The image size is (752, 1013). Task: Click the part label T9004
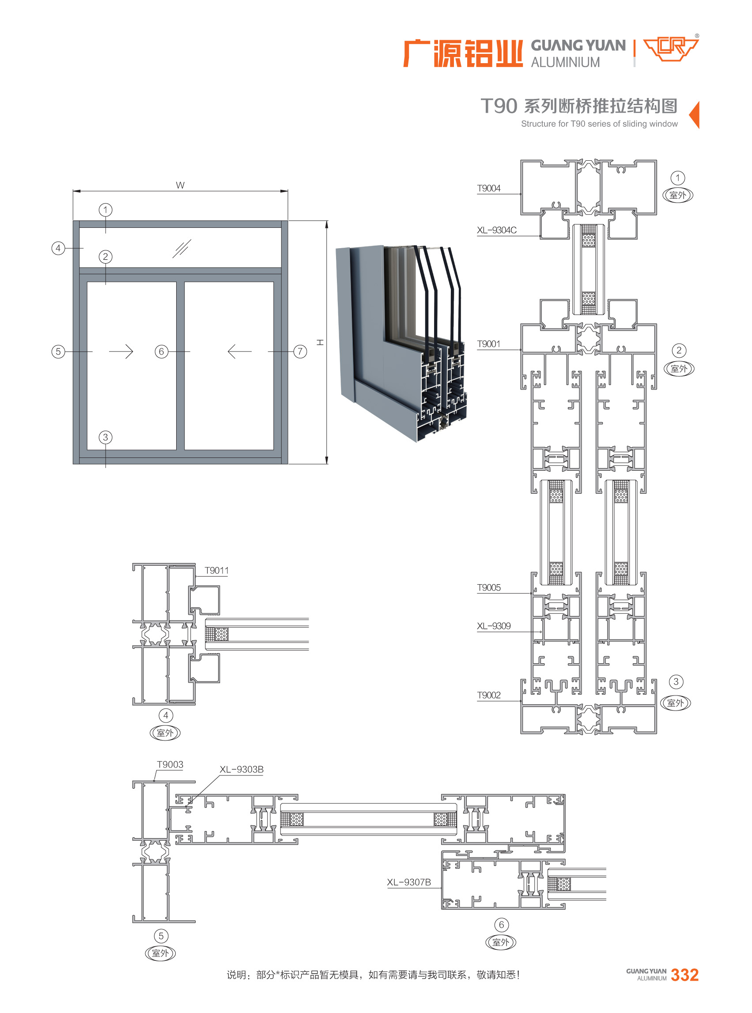point(488,188)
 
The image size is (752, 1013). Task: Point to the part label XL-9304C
point(497,230)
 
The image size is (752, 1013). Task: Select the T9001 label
point(488,344)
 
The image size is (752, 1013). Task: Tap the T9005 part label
point(488,587)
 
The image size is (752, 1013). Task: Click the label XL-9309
point(493,626)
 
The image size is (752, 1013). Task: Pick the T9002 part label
point(488,695)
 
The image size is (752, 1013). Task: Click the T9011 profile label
point(217,570)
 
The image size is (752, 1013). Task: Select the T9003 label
point(170,764)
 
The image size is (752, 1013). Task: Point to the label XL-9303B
point(241,769)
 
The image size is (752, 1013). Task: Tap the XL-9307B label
point(409,882)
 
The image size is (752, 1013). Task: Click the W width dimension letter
point(180,185)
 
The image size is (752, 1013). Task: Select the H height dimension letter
point(321,342)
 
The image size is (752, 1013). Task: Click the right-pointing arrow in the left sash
point(121,352)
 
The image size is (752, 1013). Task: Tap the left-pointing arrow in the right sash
point(239,352)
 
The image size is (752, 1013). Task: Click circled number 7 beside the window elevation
point(300,352)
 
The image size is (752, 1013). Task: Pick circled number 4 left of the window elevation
point(58,248)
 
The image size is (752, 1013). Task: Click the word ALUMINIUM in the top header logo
point(565,62)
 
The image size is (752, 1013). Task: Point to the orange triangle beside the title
point(694,115)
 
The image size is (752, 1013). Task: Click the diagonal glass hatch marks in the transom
point(181,249)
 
